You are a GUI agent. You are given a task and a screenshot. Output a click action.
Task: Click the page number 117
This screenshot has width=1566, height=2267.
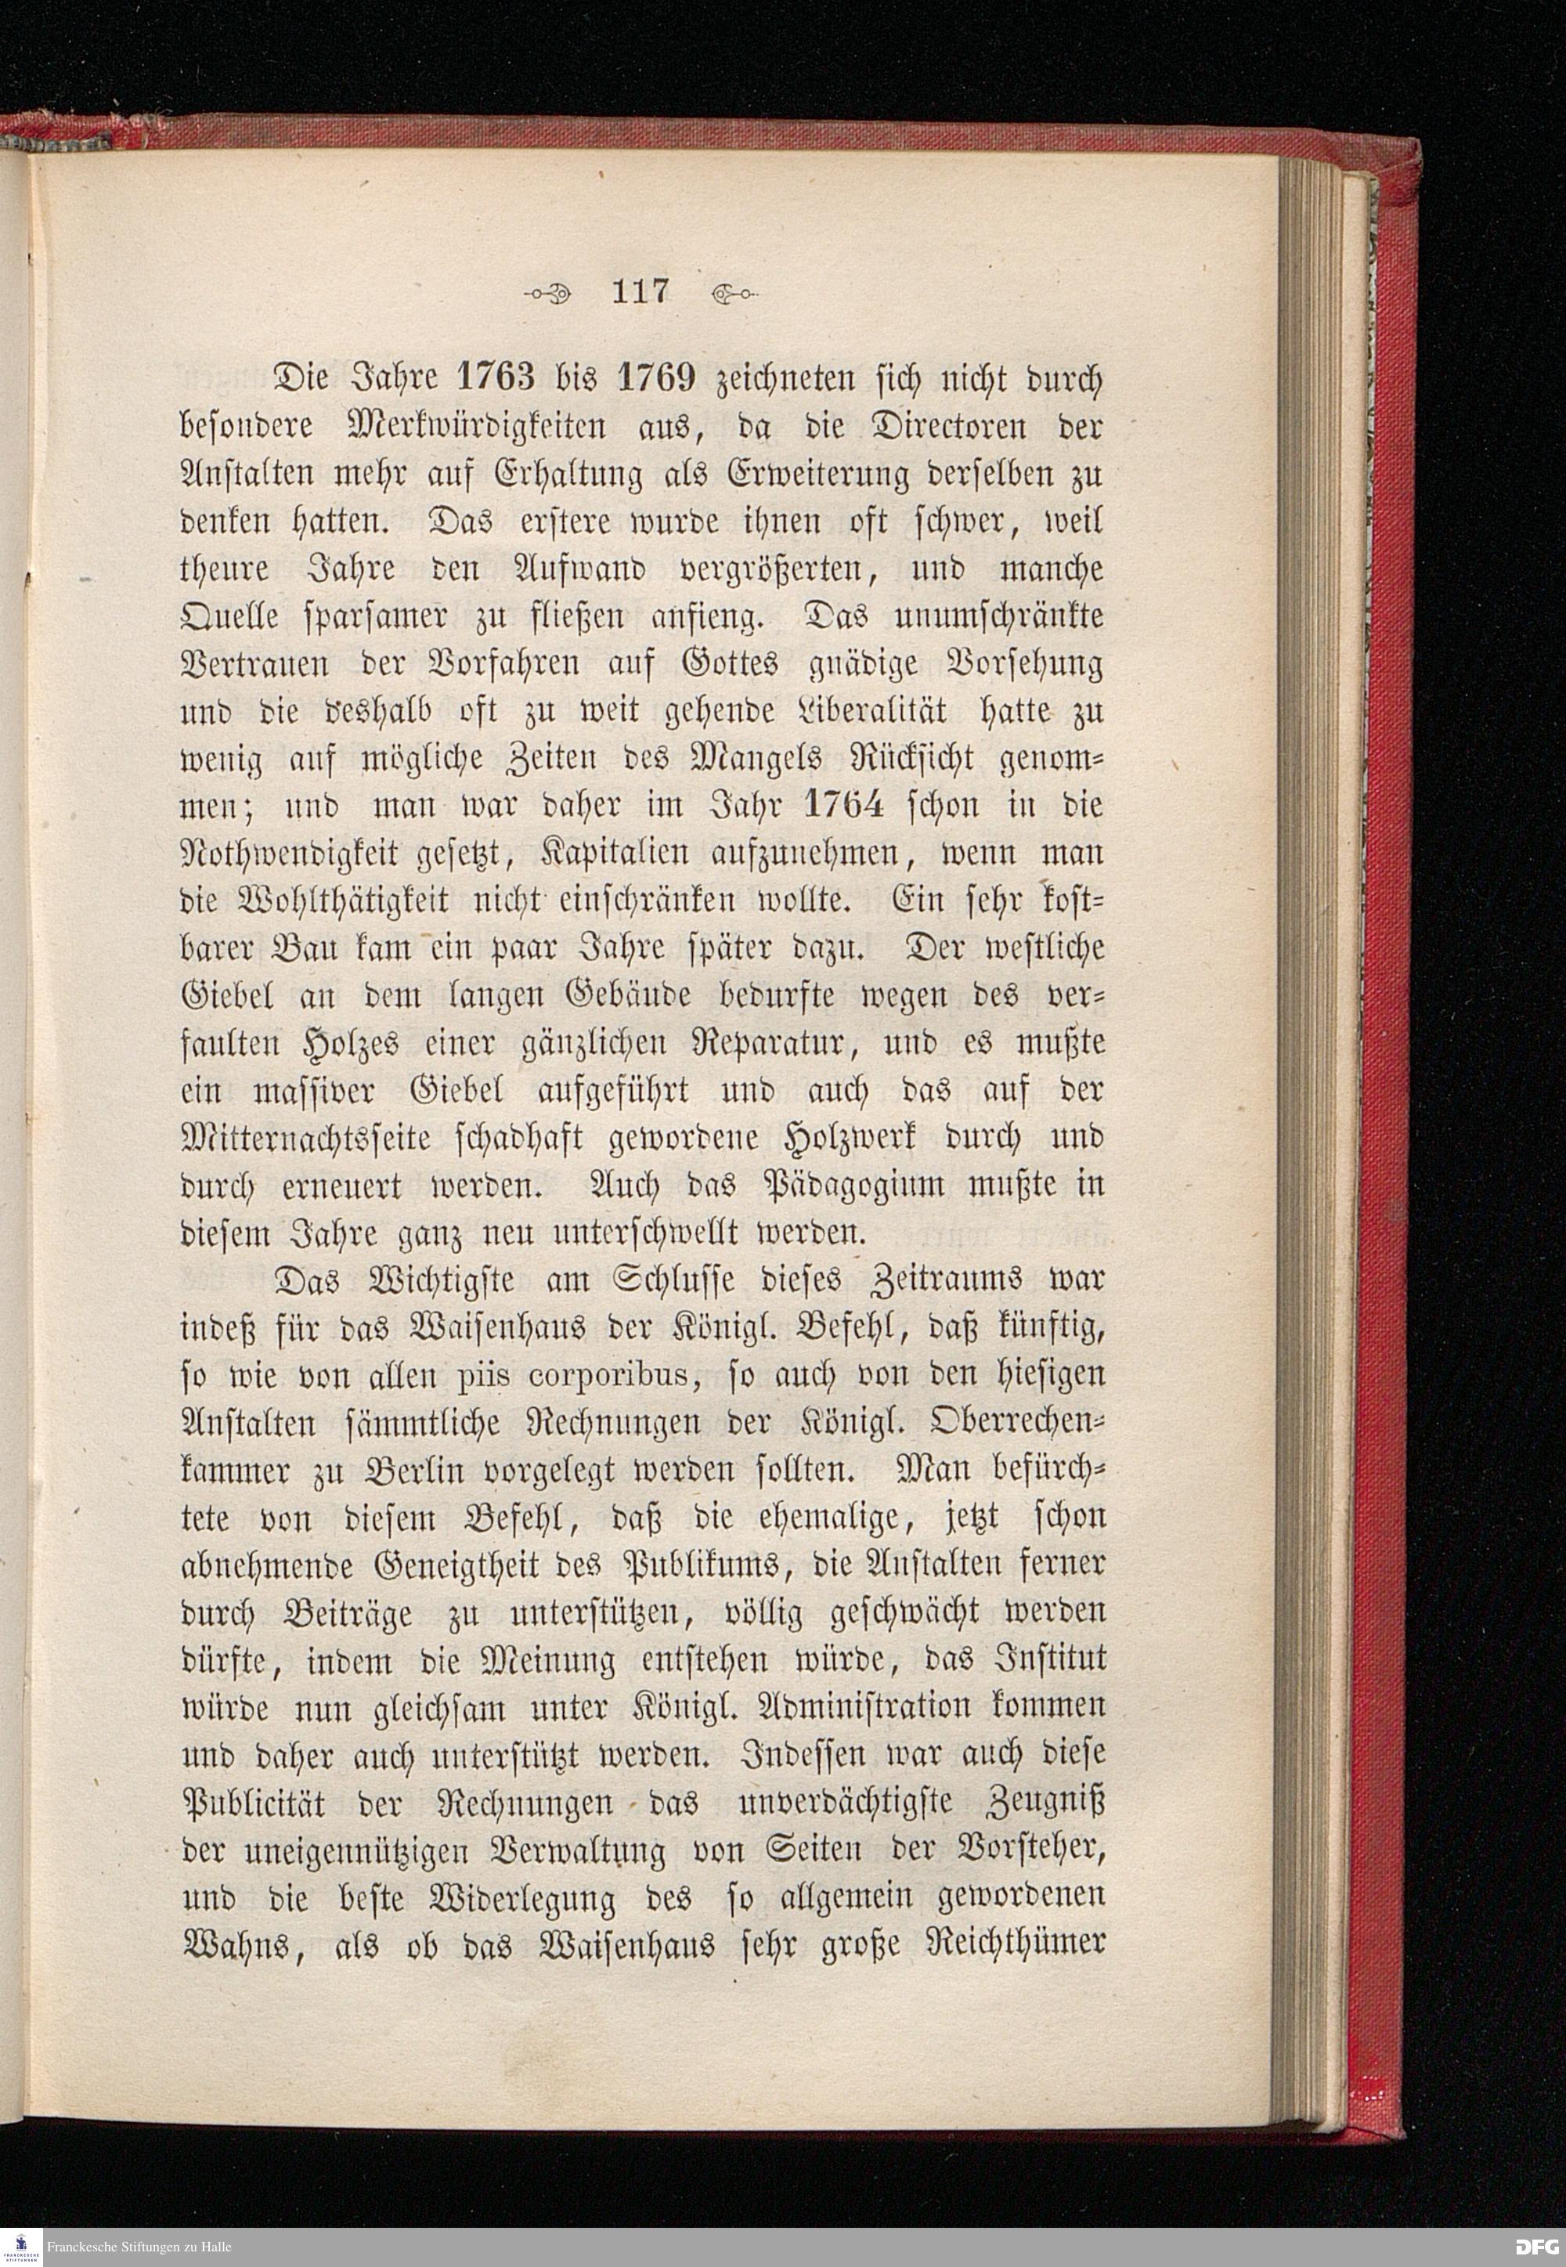pyautogui.click(x=639, y=291)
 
